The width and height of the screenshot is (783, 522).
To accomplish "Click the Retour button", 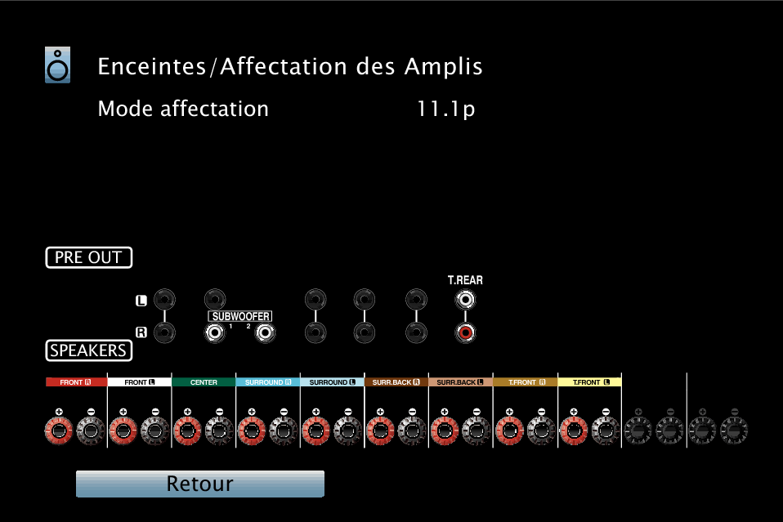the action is coord(199,484).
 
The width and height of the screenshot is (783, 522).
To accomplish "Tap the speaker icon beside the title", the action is coord(57,65).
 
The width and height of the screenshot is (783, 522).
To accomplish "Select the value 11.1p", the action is coord(445,109).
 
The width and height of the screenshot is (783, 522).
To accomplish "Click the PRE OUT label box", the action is coord(89,257).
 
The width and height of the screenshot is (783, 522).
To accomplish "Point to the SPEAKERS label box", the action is coord(89,350).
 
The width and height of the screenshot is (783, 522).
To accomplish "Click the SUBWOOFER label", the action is coord(240,316).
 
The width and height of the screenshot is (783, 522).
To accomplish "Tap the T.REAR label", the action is coord(465,280).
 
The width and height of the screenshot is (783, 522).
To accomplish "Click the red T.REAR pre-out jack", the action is coord(465,332).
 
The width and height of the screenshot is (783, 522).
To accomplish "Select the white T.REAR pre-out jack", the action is coord(465,300).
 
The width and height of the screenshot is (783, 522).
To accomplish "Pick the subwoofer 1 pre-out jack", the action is coord(215,332).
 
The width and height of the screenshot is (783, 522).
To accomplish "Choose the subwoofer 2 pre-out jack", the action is coord(265,332).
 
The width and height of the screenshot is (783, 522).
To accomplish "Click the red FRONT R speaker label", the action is coord(76,382).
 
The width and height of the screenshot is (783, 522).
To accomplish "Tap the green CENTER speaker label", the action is coord(204,382).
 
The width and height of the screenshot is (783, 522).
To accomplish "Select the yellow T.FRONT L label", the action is coord(590,382).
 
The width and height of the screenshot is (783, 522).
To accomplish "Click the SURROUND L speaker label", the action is coord(332,382).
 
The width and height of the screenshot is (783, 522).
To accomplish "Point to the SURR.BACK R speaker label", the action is coord(396,382).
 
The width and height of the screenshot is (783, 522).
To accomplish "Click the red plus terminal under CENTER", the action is coord(187,431).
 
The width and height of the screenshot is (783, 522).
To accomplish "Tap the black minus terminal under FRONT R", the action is coord(91,431).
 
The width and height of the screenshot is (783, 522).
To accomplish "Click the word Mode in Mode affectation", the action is coord(126,109).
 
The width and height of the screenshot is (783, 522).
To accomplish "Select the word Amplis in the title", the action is coord(444,67).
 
